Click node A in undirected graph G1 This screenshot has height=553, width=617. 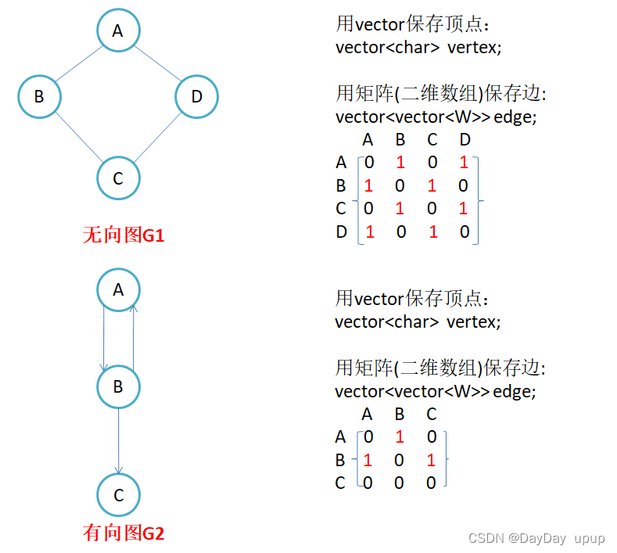118,31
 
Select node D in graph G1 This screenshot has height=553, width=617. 196,96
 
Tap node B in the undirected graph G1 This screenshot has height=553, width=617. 39,96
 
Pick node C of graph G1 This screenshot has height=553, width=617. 118,178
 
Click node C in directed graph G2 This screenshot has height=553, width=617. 118,495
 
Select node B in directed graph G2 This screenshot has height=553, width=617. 118,386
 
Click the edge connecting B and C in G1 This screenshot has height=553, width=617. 78,138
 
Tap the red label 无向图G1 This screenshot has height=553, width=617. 124,235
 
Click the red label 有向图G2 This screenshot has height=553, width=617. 124,533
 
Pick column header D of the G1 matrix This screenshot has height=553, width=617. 465,140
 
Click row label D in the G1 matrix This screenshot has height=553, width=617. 341,232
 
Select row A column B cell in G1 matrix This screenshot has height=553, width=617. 400,163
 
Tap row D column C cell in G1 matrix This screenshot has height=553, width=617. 432,232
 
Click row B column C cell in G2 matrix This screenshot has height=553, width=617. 431,461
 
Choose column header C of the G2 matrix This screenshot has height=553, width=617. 431,414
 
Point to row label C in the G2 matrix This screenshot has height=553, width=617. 340,483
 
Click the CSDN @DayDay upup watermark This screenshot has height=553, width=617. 536,538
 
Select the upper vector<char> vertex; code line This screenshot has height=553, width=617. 418,47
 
